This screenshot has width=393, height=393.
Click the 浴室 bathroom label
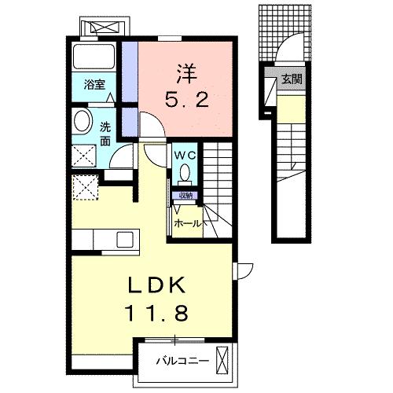pos(94,85)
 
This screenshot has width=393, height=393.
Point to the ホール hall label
pos(188,223)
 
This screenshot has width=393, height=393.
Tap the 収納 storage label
pos(185,195)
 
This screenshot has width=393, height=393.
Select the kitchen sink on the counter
pos(126,239)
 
